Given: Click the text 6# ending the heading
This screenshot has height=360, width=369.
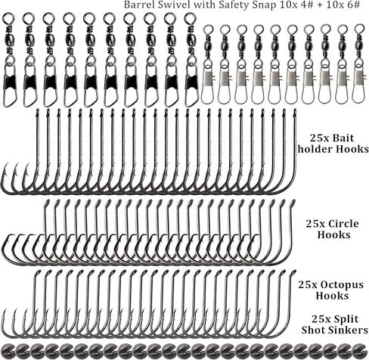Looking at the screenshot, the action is coord(354,5).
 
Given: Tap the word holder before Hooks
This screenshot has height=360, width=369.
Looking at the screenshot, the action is coord(314,149).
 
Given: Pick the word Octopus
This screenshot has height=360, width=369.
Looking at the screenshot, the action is coord(342,285).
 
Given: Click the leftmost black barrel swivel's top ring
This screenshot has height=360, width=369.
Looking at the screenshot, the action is coord(8,18).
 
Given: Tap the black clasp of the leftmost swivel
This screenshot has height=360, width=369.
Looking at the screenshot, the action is coord(9,82).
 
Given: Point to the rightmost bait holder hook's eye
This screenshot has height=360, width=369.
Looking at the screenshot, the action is coord(294,112).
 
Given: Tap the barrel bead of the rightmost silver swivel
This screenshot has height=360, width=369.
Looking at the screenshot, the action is coord(358,47).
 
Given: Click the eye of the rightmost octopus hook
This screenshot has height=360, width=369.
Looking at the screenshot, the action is coord(293,273).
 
